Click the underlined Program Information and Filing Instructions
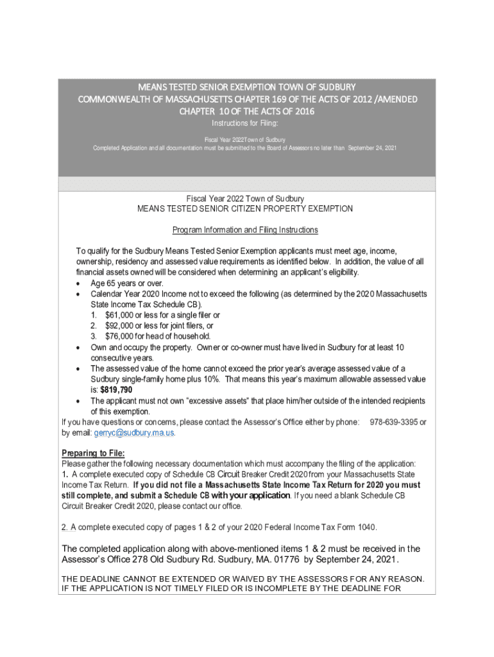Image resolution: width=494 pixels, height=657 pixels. click(x=246, y=230)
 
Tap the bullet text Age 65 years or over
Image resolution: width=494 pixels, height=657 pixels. click(x=127, y=283)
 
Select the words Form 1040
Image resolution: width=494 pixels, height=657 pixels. click(x=357, y=527)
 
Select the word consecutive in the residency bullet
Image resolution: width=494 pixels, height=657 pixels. click(x=112, y=358)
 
